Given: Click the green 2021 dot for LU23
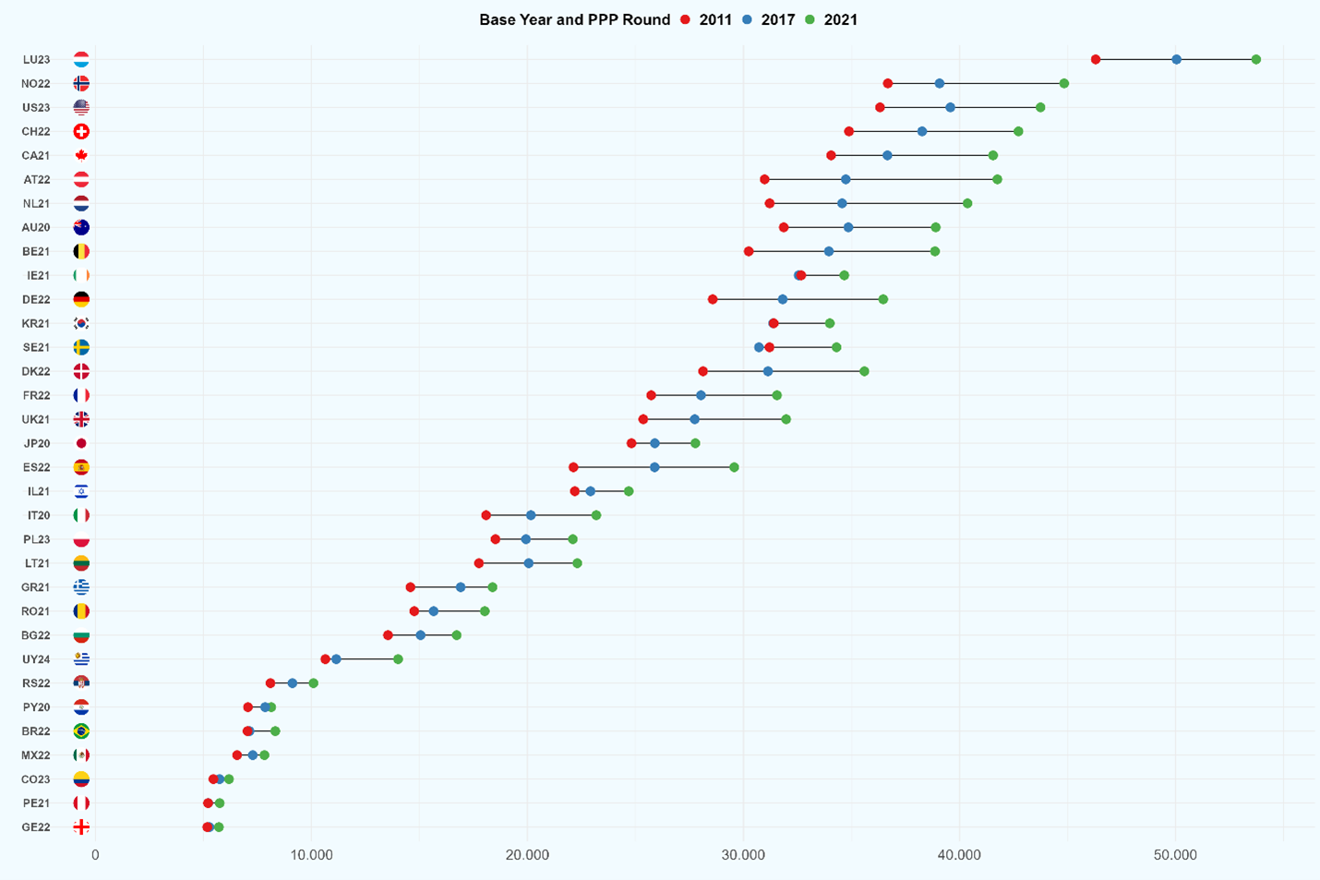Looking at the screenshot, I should click(1256, 59).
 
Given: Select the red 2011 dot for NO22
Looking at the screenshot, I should click(888, 84).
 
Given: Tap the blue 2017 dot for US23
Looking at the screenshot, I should click(950, 108).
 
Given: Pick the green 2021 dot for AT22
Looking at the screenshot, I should click(997, 179).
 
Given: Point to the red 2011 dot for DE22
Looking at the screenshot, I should click(713, 299).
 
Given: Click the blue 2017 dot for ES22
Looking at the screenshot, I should click(654, 467).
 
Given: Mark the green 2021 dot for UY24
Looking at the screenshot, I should click(398, 659).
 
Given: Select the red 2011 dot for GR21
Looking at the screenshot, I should click(411, 587).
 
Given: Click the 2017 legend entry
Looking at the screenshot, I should click(769, 19).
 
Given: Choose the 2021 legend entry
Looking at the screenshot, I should click(832, 19).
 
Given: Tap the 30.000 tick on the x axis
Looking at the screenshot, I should click(743, 855).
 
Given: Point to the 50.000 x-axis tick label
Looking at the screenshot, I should click(1175, 855).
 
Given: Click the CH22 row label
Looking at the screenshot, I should click(36, 131).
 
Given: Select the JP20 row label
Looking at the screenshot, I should click(37, 443).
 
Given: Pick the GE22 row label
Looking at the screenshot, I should click(36, 827).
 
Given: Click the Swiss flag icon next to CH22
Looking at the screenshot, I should click(81, 131).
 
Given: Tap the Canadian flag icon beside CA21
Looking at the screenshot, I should click(81, 155).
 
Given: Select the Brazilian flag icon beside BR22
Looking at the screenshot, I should click(81, 731).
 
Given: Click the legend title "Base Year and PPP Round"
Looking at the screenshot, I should click(574, 19).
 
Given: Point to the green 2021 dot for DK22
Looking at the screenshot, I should click(864, 371).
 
